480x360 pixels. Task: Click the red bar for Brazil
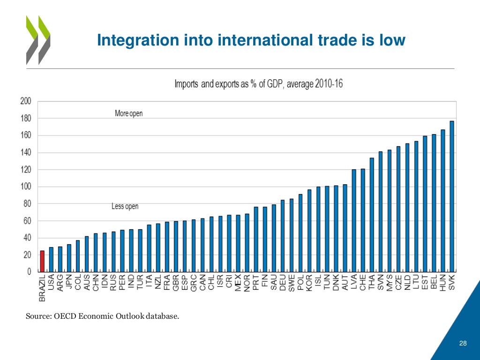(42, 261)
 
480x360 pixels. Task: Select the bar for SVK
(452, 196)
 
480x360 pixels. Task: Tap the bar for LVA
(354, 220)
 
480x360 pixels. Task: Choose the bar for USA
(51, 260)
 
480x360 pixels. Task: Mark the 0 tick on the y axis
(29, 272)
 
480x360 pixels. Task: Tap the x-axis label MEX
(238, 283)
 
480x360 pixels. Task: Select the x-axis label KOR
(309, 283)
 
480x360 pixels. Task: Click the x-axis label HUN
(443, 283)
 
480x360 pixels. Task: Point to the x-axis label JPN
(69, 283)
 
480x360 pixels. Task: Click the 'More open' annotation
(129, 113)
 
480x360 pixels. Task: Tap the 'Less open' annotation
(125, 206)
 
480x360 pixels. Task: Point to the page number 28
(463, 344)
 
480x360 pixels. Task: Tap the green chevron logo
(37, 40)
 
